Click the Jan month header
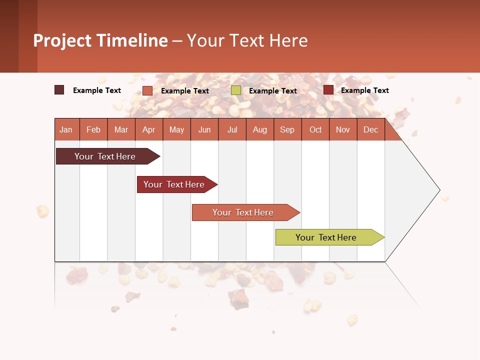click(66, 129)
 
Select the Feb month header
click(93, 129)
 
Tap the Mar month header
click(121, 129)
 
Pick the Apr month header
click(149, 129)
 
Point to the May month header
click(176, 129)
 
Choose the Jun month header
click(204, 129)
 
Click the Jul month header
click(232, 129)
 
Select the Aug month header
click(260, 129)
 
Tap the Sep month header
click(287, 129)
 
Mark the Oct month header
click(315, 129)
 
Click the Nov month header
click(343, 129)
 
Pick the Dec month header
click(371, 129)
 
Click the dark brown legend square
click(59, 90)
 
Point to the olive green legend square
click(236, 90)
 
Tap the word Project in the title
click(62, 40)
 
